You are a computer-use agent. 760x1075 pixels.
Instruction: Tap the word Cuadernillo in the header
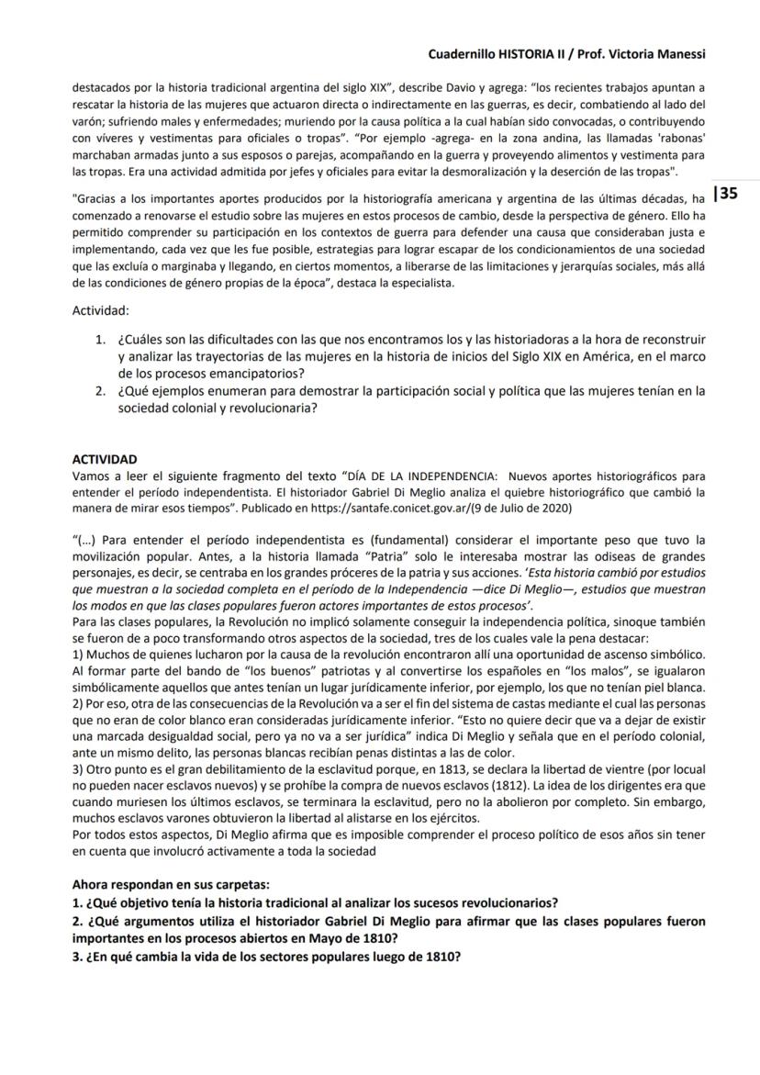[x=463, y=54]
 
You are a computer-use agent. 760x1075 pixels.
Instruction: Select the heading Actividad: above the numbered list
[x=101, y=311]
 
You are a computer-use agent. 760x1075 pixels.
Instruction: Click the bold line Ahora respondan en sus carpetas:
[x=171, y=885]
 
